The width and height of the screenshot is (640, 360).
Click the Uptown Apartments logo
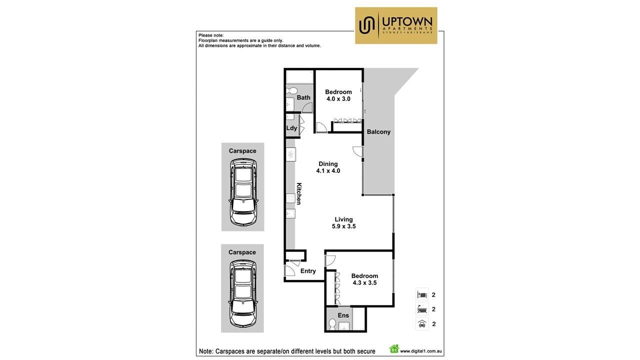coord(396,25)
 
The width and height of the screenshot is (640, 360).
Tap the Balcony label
coord(378,131)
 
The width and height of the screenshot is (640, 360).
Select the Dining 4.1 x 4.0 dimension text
coord(328,171)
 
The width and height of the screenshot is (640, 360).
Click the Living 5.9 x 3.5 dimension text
coord(343,226)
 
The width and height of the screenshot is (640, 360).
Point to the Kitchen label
coord(298,193)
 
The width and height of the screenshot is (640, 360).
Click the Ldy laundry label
coord(291,128)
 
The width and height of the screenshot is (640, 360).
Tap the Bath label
coord(303,97)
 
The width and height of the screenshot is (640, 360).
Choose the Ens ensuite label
coord(343,315)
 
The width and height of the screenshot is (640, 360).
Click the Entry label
coord(308,271)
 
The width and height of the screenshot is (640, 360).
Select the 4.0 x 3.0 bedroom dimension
coord(338,99)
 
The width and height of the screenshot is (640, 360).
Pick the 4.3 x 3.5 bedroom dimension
coord(364,283)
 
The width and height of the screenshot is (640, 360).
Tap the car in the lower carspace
coord(242,293)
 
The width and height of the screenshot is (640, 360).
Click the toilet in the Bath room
coord(291,91)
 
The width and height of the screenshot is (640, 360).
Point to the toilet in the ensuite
coord(332,324)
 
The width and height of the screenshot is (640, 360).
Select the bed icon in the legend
coord(422,294)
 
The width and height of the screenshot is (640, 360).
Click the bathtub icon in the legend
coord(422,309)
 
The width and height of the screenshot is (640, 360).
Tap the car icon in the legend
coord(422,324)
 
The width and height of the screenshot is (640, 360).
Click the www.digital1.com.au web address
coord(421,351)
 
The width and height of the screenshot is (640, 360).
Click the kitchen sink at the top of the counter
coord(291,154)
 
